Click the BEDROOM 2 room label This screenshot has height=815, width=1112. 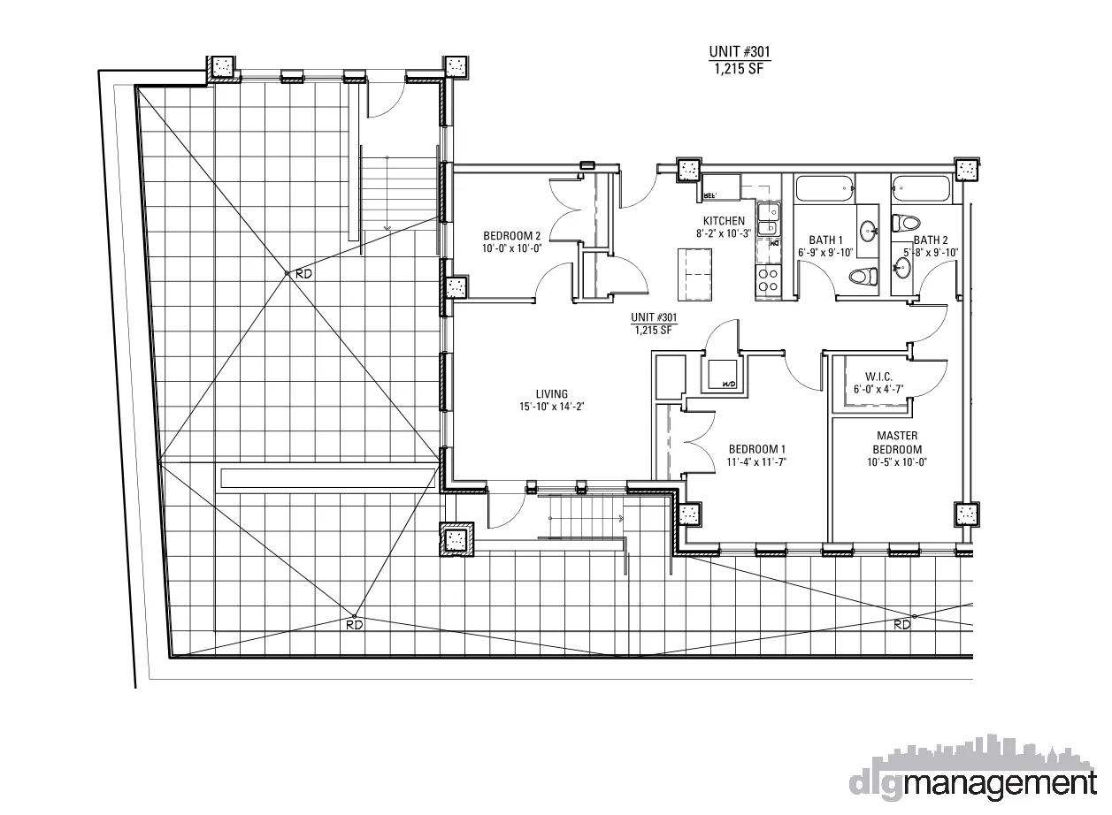tap(511, 236)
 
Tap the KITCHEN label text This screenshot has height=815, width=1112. tap(723, 221)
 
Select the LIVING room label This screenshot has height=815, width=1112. tap(551, 394)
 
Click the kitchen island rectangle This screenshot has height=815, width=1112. tap(694, 274)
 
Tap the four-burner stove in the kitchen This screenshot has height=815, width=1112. tap(767, 281)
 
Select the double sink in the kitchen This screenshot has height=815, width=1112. tap(768, 218)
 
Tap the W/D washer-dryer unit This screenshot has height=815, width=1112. tap(721, 376)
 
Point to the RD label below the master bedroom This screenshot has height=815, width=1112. tap(901, 625)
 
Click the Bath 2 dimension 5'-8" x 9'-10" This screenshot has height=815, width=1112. tap(930, 253)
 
